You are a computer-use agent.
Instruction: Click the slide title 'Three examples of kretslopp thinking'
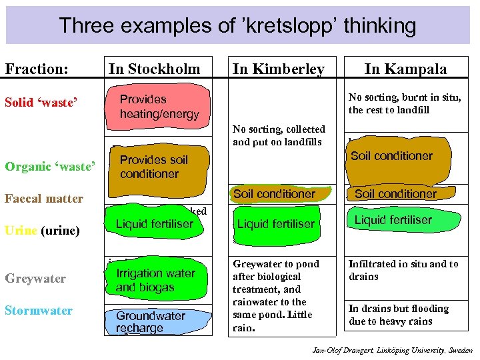(x=237, y=26)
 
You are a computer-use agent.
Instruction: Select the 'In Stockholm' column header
(x=154, y=69)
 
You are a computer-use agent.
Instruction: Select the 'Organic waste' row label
(x=50, y=167)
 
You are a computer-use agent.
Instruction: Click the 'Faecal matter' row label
(x=44, y=198)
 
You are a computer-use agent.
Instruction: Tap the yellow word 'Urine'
(x=20, y=231)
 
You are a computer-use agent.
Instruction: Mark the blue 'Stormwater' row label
(x=39, y=310)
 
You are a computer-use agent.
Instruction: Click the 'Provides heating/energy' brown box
(x=159, y=107)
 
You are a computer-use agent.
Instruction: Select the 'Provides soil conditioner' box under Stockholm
(x=157, y=167)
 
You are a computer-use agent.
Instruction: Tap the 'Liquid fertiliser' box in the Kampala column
(x=393, y=220)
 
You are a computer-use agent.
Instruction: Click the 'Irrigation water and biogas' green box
(x=156, y=281)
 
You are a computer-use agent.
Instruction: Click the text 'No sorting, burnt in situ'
(x=404, y=97)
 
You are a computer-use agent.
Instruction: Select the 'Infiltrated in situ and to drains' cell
(x=403, y=270)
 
